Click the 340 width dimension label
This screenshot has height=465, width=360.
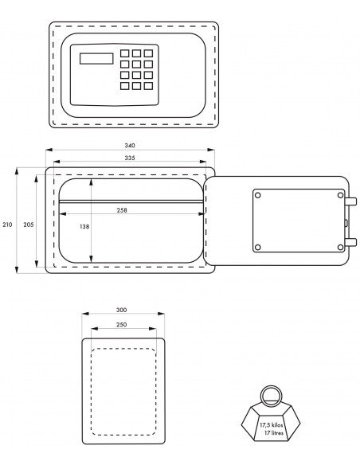pyautogui.click(x=130, y=145)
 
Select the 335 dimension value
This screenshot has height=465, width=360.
pyautogui.click(x=130, y=158)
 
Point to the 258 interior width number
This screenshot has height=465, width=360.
pyautogui.click(x=122, y=210)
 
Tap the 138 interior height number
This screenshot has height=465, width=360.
pyautogui.click(x=84, y=227)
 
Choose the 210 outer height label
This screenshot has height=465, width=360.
pyautogui.click(x=7, y=225)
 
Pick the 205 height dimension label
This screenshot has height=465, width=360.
pyautogui.click(x=29, y=225)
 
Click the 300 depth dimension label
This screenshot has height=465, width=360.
pyautogui.click(x=121, y=310)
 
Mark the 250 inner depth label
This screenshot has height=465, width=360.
pyautogui.click(x=121, y=324)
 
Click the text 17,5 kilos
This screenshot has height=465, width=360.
pyautogui.click(x=271, y=425)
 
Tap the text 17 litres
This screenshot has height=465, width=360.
pyautogui.click(x=273, y=432)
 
